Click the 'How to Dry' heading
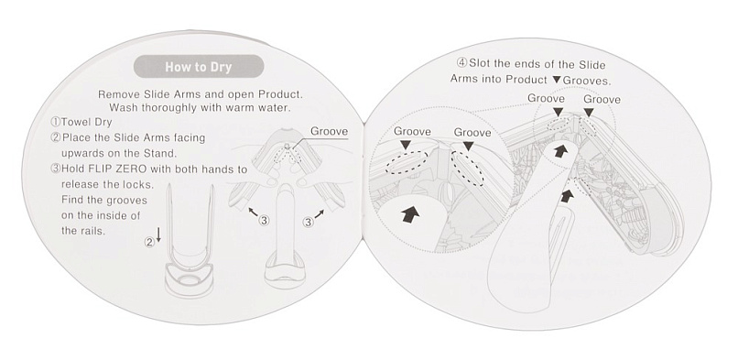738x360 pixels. point(198,67)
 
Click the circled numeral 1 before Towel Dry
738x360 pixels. point(56,123)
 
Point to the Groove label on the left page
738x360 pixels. point(329,131)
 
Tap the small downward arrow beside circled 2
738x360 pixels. point(158,234)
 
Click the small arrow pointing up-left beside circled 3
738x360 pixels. point(253,213)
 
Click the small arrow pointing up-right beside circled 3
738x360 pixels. point(320,214)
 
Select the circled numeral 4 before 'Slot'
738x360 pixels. point(461,63)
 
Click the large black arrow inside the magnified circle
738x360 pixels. point(410,215)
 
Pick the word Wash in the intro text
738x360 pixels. point(122,107)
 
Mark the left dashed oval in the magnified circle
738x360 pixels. point(407,162)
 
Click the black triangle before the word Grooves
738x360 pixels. point(557,80)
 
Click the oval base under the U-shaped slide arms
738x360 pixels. point(190,279)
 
